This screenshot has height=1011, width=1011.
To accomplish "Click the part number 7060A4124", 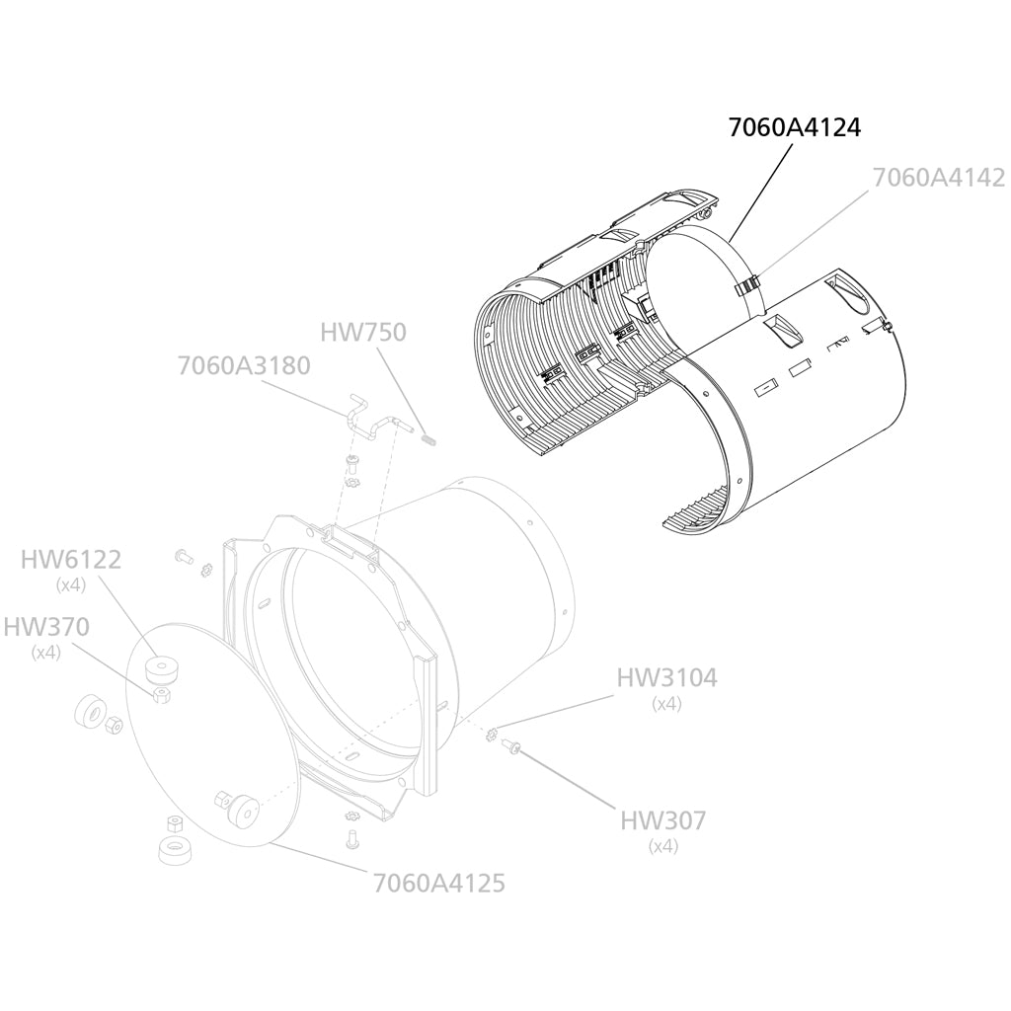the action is [795, 127].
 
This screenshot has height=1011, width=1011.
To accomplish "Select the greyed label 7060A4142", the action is [939, 178].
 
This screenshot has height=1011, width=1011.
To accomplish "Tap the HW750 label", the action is [363, 332].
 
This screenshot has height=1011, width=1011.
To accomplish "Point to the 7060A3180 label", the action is [244, 365].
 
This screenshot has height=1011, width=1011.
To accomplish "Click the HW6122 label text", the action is [71, 559].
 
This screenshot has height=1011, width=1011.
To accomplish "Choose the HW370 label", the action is [46, 626].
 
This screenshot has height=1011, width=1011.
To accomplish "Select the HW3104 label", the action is [666, 677].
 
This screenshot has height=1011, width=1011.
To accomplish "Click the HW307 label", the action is [662, 820].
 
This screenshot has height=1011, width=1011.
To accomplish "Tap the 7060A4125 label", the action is [439, 883].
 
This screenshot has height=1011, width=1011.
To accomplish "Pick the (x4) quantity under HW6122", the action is [71, 585].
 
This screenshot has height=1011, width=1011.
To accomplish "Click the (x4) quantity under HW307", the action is [663, 846].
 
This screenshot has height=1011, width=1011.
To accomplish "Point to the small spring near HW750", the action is [428, 440].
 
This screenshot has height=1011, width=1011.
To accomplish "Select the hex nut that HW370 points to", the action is [161, 695].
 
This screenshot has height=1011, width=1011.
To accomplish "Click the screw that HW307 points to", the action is [512, 746].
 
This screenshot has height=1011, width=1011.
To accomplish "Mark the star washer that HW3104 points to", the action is [494, 734].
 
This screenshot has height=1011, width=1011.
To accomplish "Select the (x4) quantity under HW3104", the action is [666, 703].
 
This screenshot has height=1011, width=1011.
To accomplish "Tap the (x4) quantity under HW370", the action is [46, 653].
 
